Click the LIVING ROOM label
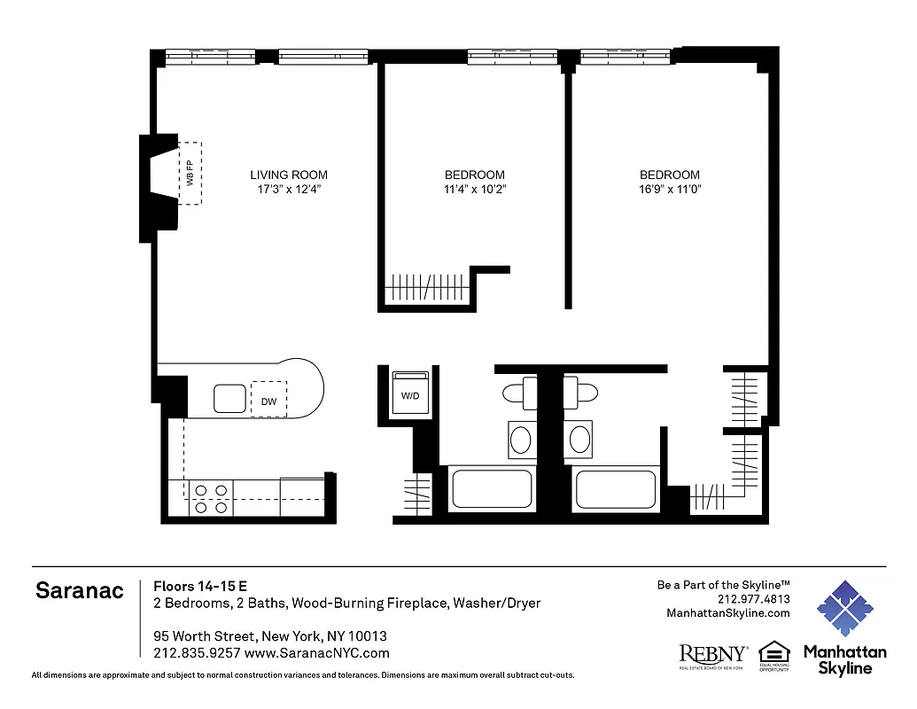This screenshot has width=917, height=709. pos(288,175)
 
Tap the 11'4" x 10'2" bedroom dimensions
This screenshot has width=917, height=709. pos(474,189)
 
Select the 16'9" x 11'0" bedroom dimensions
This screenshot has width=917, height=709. pos(670,189)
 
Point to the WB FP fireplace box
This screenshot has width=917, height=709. pos(190,173)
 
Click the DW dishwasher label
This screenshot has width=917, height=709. pos(268,401)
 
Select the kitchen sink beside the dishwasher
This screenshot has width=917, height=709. pos(229,399)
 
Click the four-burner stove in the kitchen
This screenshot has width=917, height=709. pos(211,498)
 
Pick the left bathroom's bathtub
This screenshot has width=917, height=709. pos(492,488)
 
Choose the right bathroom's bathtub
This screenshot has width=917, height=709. pos(615,488)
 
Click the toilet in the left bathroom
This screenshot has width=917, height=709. pos(520,393)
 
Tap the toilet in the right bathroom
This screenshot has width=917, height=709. pos(581,393)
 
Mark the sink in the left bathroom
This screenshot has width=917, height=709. pos(521,440)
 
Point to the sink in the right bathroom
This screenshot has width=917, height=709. pos(580,440)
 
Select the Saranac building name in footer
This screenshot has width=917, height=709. pos(80,591)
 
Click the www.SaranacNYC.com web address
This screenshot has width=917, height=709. pos(316,653)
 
